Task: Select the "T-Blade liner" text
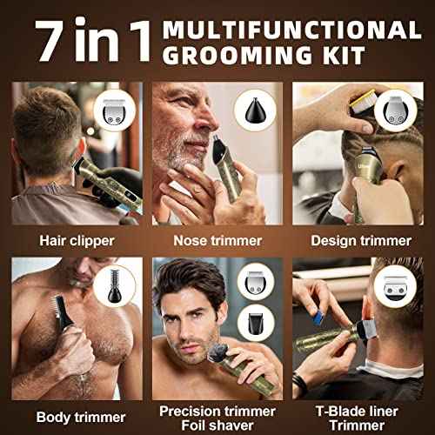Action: tap(358, 411)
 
